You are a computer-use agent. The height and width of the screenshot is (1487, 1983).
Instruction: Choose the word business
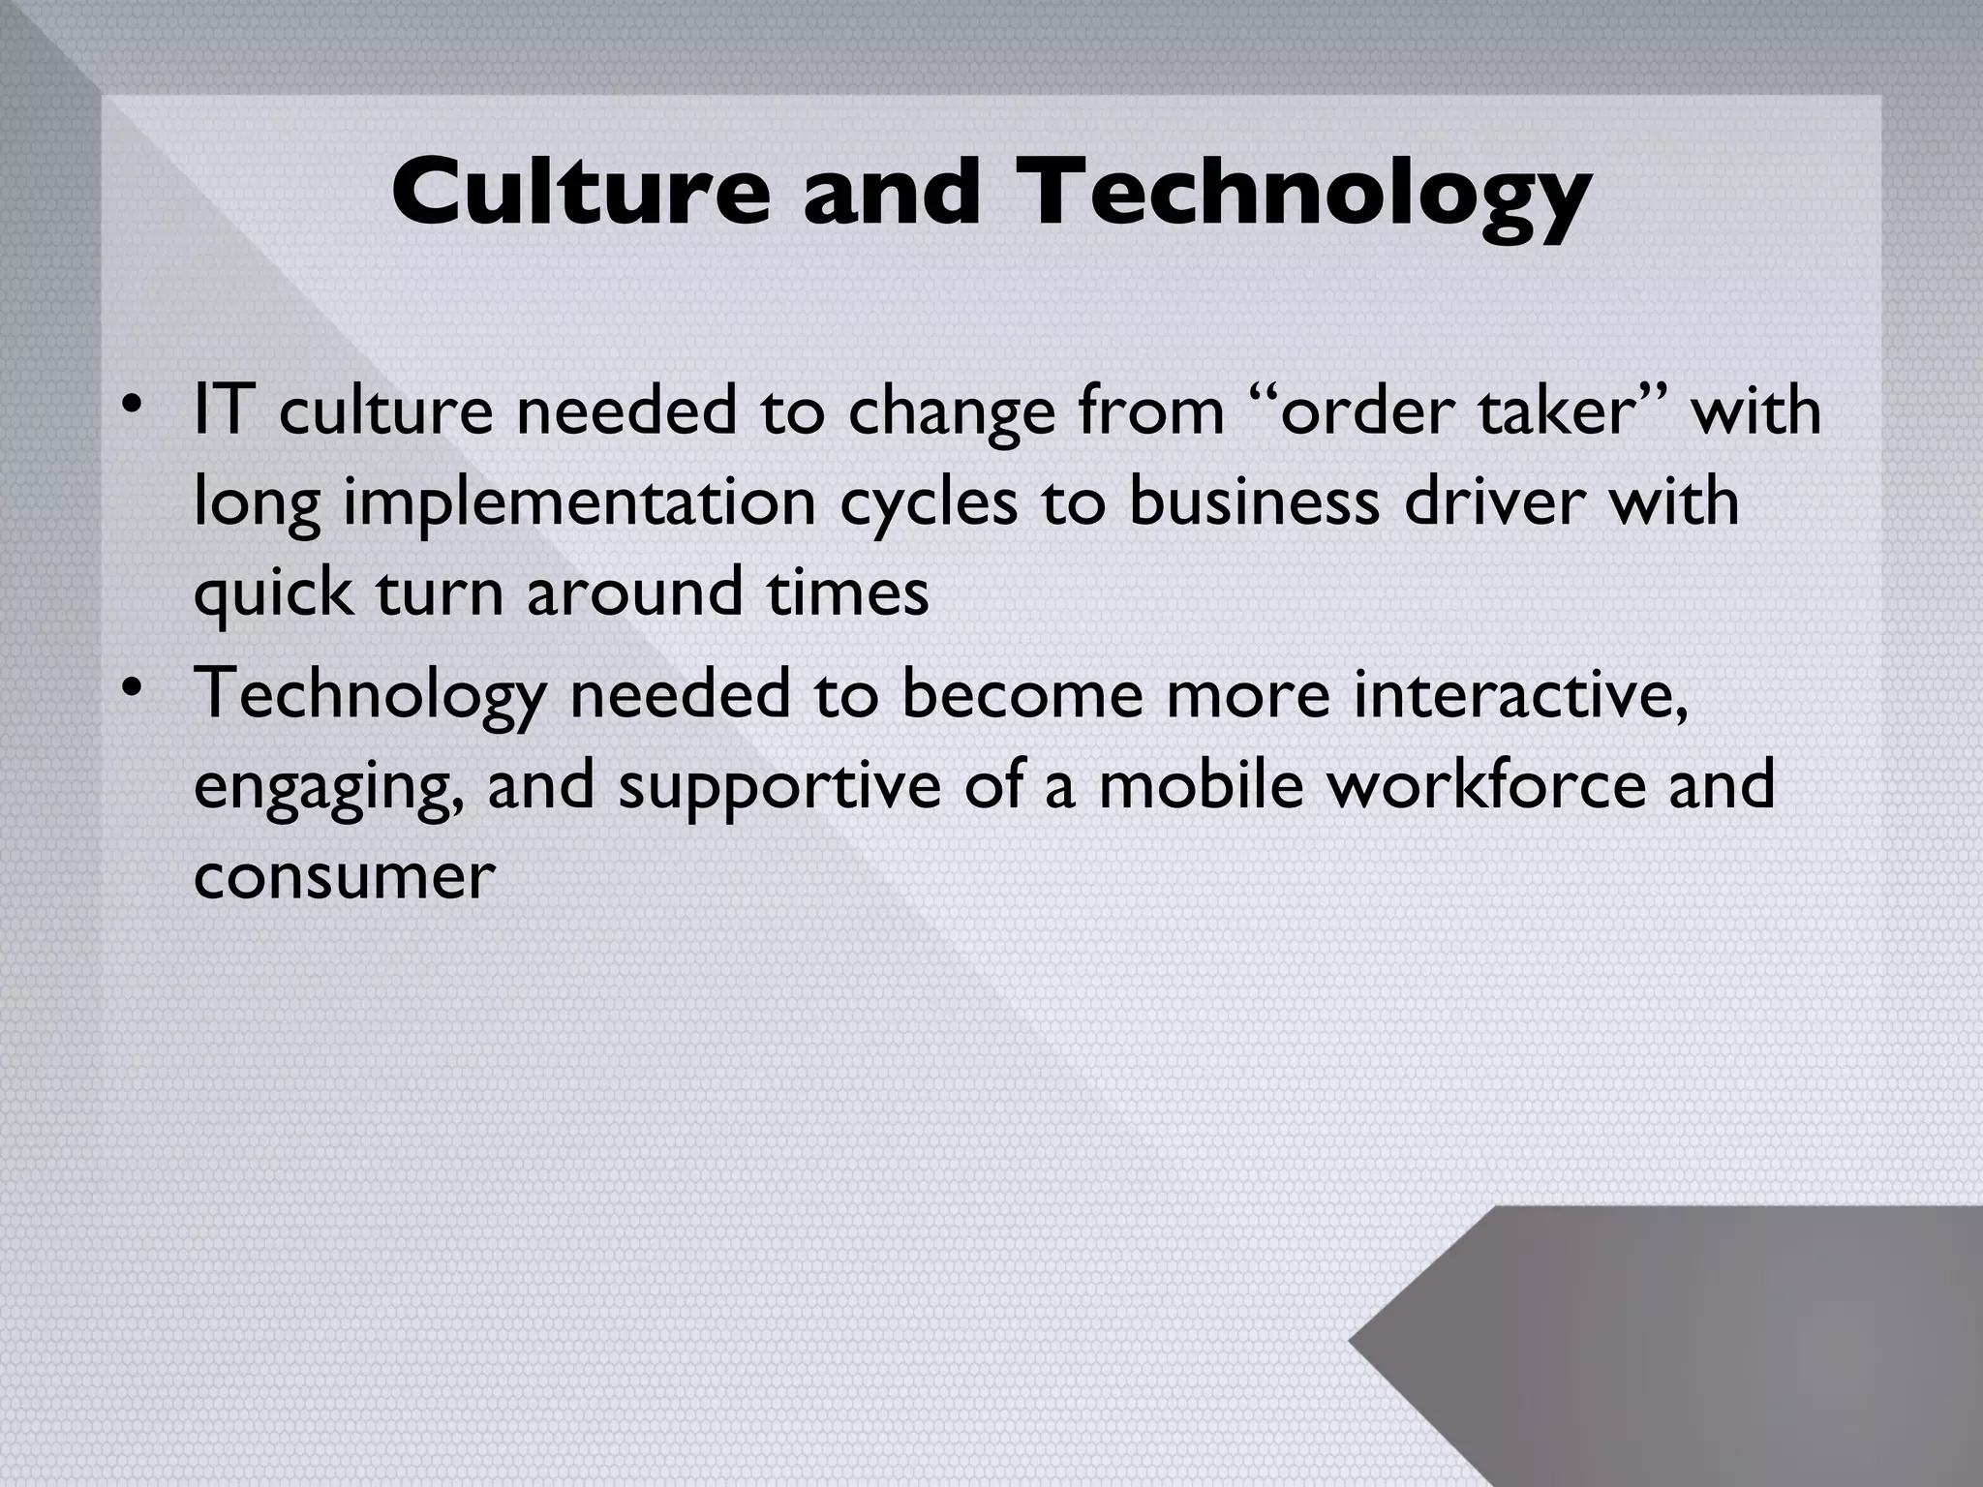1254,501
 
